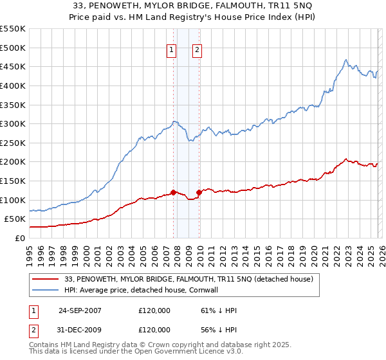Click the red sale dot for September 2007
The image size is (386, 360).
click(174, 192)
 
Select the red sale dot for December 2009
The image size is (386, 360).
click(199, 192)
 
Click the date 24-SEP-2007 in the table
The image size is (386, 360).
click(80, 310)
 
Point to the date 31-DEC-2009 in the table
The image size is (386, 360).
click(80, 329)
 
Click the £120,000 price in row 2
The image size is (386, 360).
click(154, 329)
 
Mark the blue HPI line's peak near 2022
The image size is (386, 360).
click(346, 60)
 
